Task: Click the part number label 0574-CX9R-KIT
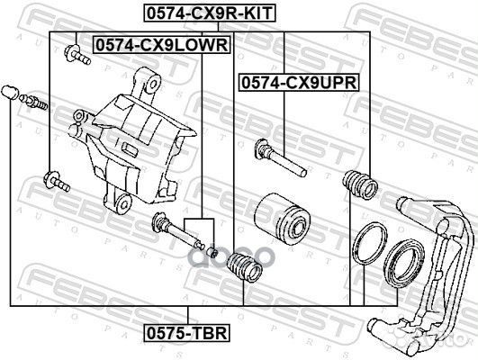click(210, 13)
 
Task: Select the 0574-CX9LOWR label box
click(162, 45)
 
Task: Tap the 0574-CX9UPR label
click(300, 82)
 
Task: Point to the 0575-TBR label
click(187, 333)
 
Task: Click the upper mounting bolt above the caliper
click(77, 55)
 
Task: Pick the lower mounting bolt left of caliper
click(57, 182)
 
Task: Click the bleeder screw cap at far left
click(10, 93)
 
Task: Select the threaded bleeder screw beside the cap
click(33, 102)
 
